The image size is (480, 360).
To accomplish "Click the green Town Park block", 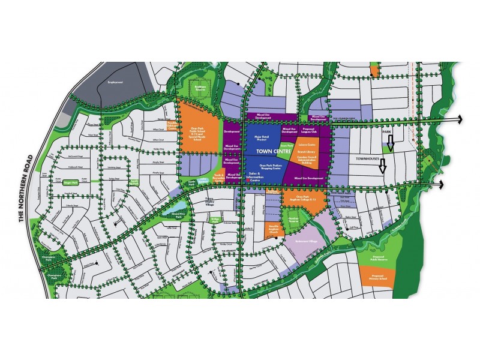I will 288,145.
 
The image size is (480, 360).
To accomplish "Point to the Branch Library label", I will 307,153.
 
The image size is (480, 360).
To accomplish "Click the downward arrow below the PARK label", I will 390,142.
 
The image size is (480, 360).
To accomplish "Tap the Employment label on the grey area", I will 115,82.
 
